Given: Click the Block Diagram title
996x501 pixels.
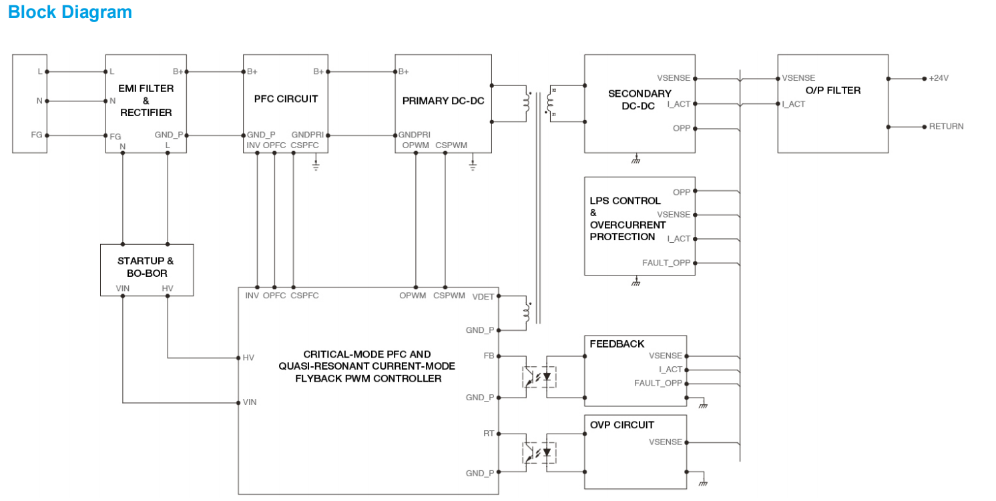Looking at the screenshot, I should (70, 12).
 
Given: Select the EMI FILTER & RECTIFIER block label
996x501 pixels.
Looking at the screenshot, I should (146, 101).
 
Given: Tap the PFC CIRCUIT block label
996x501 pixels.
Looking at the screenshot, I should (286, 99).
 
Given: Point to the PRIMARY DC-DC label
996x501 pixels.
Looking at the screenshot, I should (443, 101).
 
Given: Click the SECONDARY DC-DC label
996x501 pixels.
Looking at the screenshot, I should (639, 99).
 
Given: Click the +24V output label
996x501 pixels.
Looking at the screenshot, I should (939, 78).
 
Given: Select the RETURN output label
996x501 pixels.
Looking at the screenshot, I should (946, 126).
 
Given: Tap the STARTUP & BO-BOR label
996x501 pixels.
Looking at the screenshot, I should (146, 267).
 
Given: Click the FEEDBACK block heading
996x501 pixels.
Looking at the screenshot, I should (617, 344).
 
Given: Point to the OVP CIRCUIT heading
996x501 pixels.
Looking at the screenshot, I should (621, 425).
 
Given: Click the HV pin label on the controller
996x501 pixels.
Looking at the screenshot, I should (248, 358).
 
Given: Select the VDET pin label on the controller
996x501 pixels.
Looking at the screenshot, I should (483, 296).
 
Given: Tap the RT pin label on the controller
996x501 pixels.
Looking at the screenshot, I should (489, 433).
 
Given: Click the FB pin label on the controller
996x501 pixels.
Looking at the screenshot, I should (489, 356).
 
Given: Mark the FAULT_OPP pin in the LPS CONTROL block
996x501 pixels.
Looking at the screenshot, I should (666, 263).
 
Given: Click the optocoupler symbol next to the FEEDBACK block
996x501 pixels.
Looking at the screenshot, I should (539, 377).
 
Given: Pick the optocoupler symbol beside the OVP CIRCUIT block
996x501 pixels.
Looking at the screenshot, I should (539, 453).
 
